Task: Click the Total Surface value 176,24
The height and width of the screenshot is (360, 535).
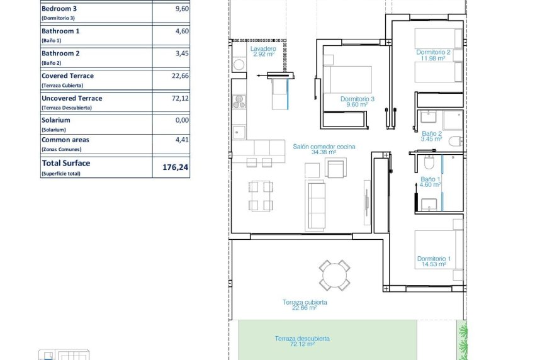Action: pyautogui.click(x=176, y=167)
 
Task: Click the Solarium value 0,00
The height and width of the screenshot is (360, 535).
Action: pyautogui.click(x=181, y=120)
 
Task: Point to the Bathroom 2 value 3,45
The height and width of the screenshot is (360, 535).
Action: pyautogui.click(x=181, y=54)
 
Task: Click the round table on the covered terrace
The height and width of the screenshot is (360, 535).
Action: pyautogui.click(x=334, y=275)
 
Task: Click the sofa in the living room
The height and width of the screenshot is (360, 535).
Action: pyautogui.click(x=315, y=204)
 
